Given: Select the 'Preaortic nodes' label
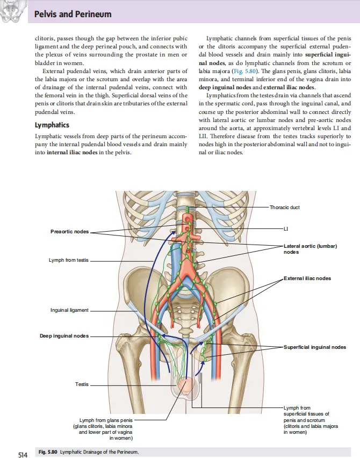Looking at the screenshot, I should coord(70,232).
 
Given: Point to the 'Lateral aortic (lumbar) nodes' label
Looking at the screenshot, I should coord(310,249).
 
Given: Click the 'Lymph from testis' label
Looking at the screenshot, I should coord(69,260).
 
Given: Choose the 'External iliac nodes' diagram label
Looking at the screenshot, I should coord(307,278).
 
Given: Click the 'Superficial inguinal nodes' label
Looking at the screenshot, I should coord(315,347).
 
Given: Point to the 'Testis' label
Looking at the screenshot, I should coord(82,384).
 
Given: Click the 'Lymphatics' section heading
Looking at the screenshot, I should coord(52,125).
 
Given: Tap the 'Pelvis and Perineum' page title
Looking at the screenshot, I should coord(73,14).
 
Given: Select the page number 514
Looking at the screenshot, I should coord(23,455).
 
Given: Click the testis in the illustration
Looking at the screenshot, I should coord(187,385).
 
